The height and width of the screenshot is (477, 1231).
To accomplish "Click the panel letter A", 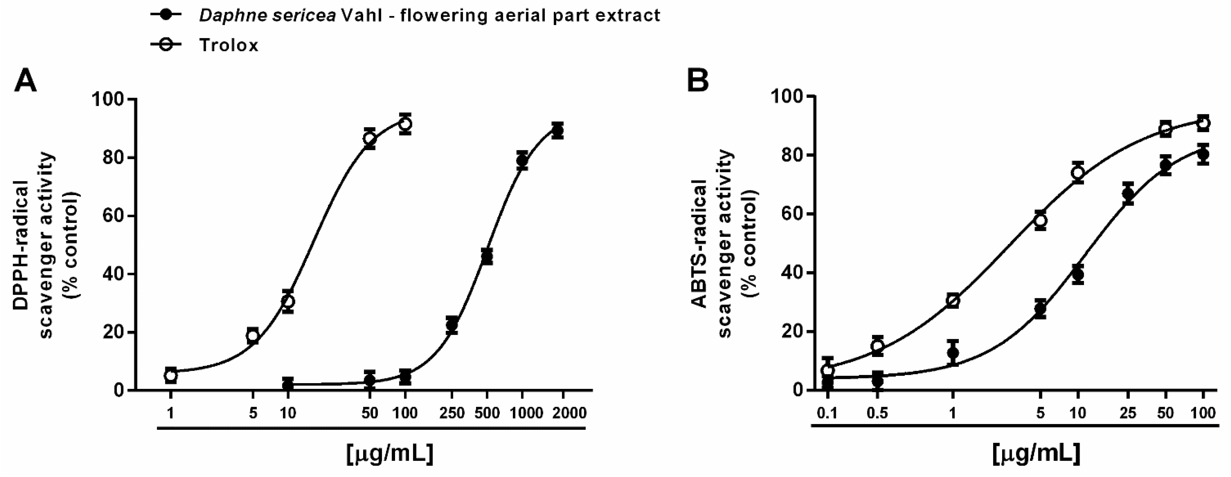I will (25, 81).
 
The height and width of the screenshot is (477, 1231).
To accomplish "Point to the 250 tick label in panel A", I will (452, 413).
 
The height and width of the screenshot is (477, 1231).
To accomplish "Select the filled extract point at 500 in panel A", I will (487, 257).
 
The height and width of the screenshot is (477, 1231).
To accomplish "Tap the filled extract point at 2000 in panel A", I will (557, 130).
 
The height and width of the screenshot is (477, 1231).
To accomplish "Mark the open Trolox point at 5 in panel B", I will (1040, 220).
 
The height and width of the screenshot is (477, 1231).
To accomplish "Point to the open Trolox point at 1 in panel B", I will (953, 301).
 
